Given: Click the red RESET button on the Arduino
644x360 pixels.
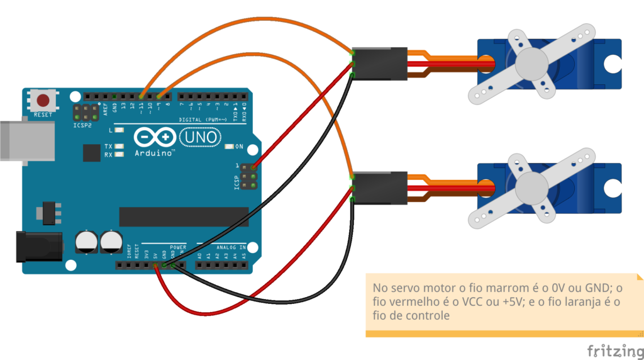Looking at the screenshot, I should [x=43, y=101].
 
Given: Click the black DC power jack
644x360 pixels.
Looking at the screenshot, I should [x=38, y=246].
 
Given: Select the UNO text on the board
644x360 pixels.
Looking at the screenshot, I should [x=200, y=137].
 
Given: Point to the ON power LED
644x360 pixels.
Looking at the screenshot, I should [x=229, y=147].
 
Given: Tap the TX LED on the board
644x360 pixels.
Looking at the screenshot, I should [x=119, y=146].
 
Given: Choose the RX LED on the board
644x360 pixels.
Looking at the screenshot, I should [x=119, y=154].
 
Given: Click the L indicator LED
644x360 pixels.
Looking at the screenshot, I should [x=119, y=131].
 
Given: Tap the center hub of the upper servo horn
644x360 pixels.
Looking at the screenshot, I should [x=532, y=62].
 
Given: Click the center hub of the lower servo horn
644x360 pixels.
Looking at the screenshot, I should [x=532, y=187].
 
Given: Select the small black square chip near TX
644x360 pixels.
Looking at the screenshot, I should [x=91, y=152].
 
